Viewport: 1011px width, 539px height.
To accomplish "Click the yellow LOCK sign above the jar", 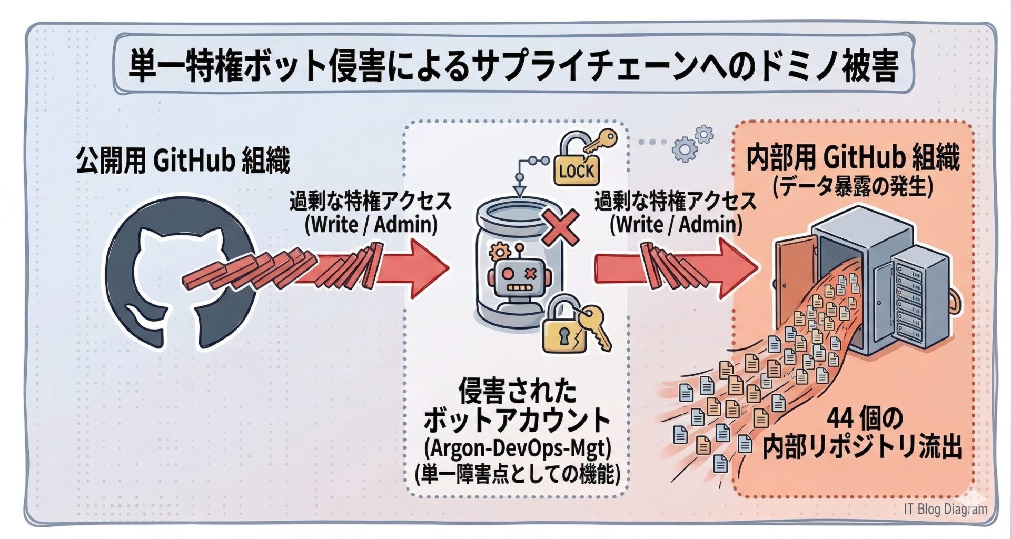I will pyautogui.click(x=576, y=171).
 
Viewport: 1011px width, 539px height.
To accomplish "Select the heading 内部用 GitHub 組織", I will pyautogui.click(x=853, y=157).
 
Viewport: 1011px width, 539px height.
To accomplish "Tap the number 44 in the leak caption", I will pyautogui.click(x=840, y=420).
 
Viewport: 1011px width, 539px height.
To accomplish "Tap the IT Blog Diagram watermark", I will pyautogui.click(x=945, y=509).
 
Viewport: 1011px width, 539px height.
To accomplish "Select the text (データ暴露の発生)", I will pyautogui.click(x=853, y=187).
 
